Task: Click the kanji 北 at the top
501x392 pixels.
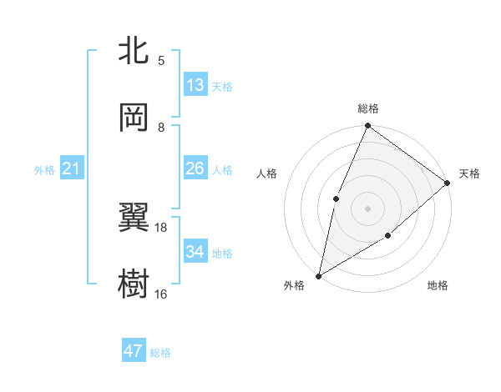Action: click(134, 52)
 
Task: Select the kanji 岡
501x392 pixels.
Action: click(134, 118)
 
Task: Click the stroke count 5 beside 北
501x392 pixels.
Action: click(160, 60)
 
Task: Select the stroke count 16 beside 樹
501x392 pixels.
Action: click(160, 294)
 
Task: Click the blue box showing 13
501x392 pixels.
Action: click(195, 85)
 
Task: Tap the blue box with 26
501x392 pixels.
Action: click(195, 168)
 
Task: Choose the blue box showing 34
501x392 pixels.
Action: click(195, 252)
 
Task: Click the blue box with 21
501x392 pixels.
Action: click(73, 169)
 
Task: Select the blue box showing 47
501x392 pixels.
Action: click(134, 351)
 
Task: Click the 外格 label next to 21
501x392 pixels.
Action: click(44, 170)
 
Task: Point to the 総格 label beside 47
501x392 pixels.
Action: click(160, 353)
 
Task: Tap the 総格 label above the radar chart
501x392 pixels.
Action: click(368, 108)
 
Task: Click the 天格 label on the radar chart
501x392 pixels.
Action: click(469, 173)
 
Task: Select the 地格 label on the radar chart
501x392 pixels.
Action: click(438, 286)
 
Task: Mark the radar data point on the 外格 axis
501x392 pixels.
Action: click(318, 276)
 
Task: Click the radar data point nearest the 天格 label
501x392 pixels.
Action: click(448, 183)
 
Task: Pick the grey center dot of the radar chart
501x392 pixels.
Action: click(367, 208)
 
